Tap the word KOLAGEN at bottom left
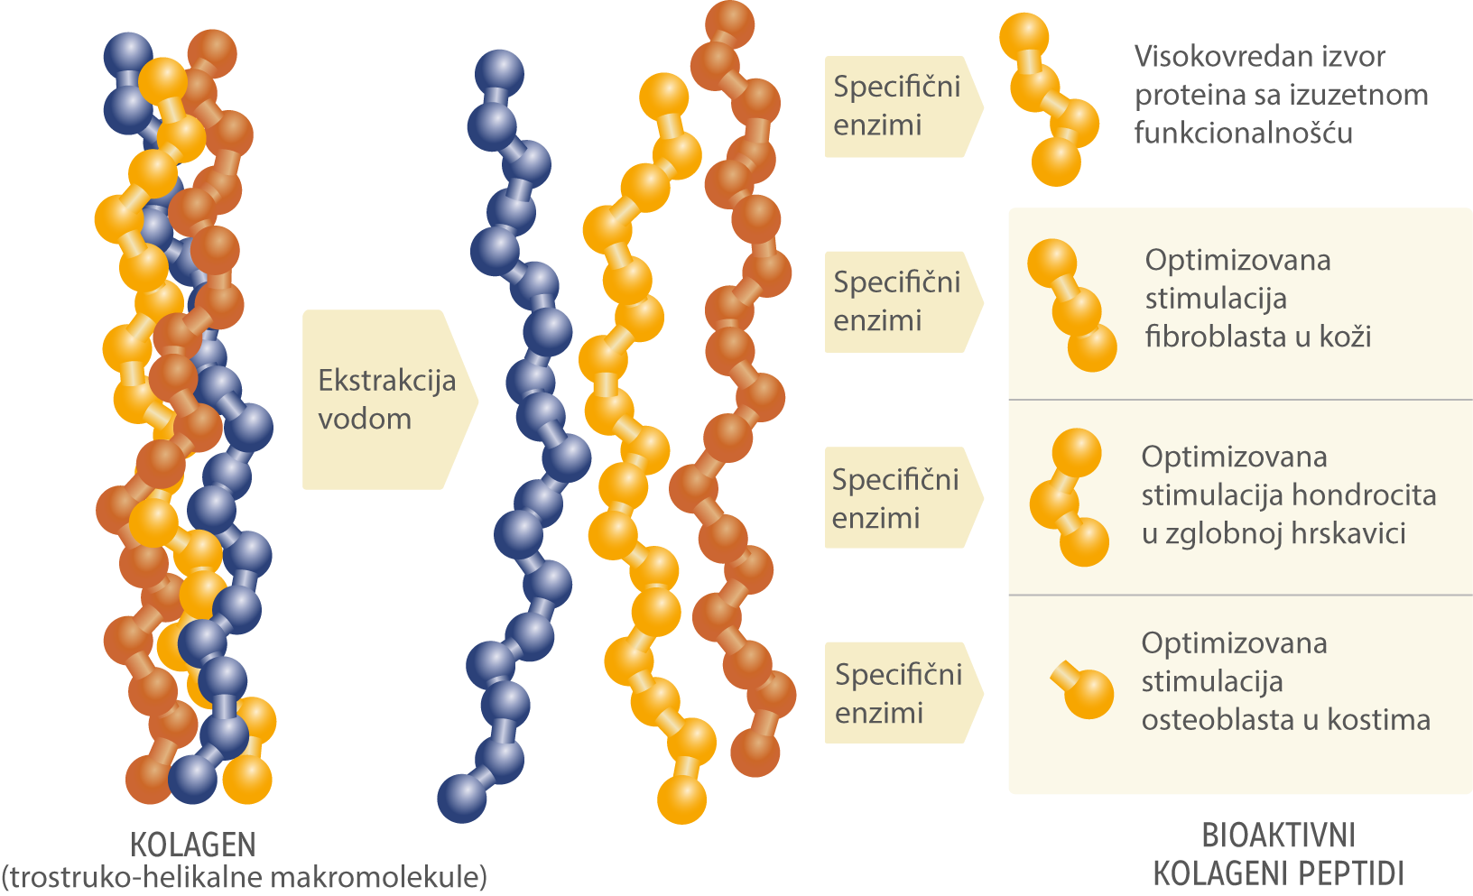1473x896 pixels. click(x=193, y=845)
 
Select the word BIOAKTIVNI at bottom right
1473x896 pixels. click(x=1278, y=836)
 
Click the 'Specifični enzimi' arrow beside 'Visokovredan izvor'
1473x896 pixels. click(x=898, y=106)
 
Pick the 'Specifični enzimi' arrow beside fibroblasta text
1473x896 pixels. click(x=898, y=301)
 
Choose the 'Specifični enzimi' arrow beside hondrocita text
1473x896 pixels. click(x=897, y=498)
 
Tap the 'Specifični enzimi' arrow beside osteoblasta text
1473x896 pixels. click(x=899, y=693)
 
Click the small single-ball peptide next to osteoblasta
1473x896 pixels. click(x=1087, y=692)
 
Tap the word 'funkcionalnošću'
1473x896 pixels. click(x=1243, y=134)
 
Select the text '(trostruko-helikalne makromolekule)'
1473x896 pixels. click(x=244, y=877)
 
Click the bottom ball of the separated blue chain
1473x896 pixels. click(x=462, y=798)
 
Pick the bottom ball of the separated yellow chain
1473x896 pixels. click(x=681, y=799)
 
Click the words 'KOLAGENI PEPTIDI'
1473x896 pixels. click(x=1278, y=873)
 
